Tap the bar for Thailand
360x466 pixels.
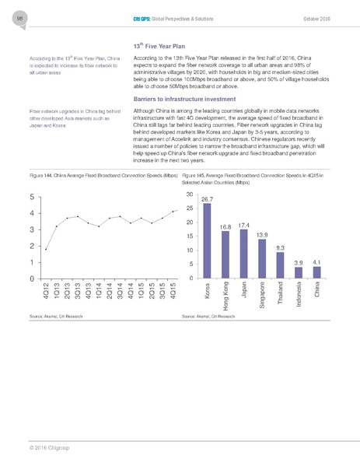coord(280,265)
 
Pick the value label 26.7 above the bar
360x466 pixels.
coord(207,200)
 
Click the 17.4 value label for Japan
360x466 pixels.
coord(243,226)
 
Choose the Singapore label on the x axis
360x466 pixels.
coord(262,295)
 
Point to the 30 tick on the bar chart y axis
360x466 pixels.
coord(189,194)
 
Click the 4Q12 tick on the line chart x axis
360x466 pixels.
coord(46,291)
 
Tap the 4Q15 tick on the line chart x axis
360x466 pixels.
coord(173,291)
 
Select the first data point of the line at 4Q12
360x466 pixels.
coord(46,249)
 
